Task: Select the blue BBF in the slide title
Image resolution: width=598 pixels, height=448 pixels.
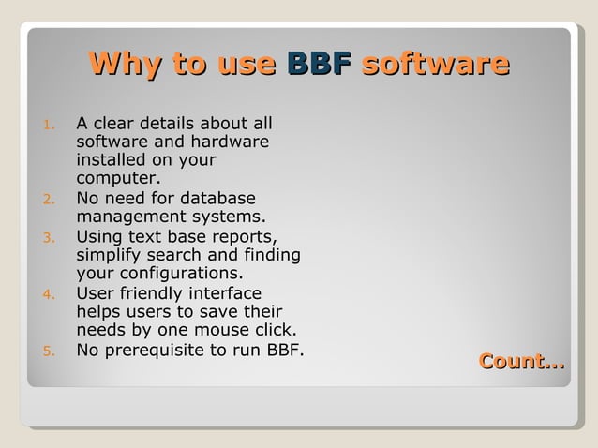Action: [x=320, y=64]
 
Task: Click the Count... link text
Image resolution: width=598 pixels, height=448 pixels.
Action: [x=522, y=361]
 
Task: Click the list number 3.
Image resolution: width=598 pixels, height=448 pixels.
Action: [x=51, y=237]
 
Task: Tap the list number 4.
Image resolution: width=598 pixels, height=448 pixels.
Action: [x=51, y=295]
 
